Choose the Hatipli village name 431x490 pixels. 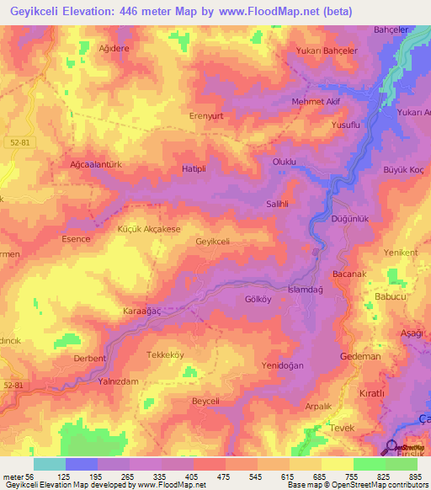pos(195,169)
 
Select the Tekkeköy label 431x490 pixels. pos(165,354)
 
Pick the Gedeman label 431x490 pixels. pos(360,357)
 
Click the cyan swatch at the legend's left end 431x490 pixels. pos(50,464)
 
